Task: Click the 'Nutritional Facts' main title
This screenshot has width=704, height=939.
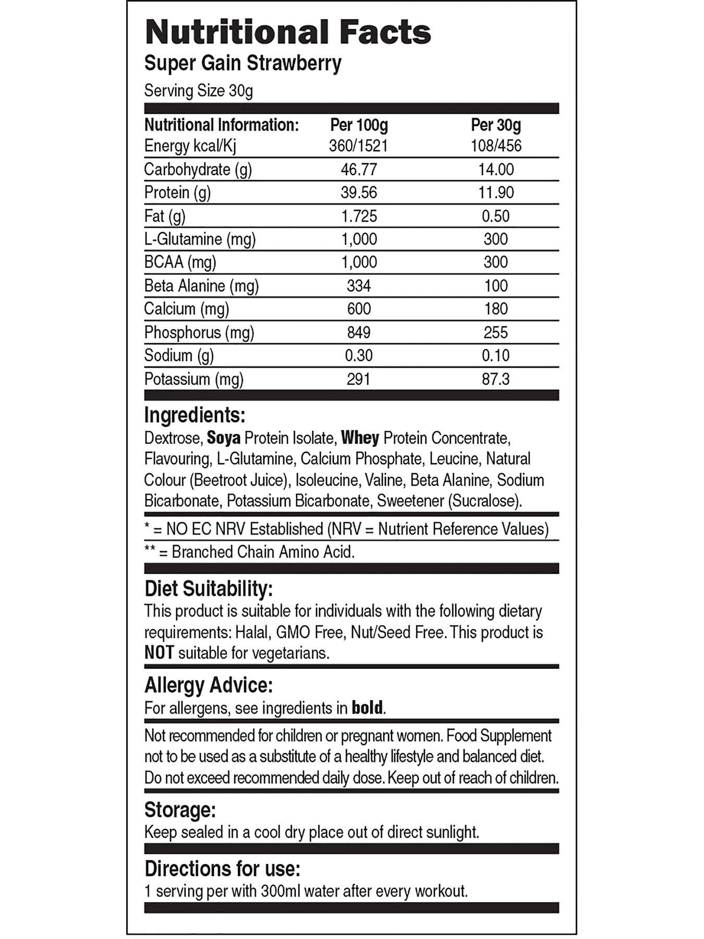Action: [288, 32]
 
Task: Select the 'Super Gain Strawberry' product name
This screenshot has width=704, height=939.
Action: [242, 64]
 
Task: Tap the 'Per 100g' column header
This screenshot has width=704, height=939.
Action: [359, 125]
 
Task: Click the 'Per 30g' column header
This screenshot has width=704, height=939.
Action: [495, 125]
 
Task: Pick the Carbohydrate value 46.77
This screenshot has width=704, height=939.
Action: [359, 170]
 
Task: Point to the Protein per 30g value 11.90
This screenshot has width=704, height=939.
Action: [496, 192]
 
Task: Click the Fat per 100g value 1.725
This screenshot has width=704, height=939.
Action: [359, 216]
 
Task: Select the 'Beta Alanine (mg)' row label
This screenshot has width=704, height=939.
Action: [201, 286]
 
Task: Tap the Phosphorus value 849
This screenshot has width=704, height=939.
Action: [359, 332]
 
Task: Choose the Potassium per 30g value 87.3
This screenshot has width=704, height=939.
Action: [496, 379]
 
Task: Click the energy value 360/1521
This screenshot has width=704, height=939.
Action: [359, 146]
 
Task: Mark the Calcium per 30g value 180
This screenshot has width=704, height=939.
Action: [496, 309]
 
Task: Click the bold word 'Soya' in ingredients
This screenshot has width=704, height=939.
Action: [224, 438]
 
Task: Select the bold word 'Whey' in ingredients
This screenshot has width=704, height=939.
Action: [360, 438]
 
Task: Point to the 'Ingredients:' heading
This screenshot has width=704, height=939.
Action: [195, 415]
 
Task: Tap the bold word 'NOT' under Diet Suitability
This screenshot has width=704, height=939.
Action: [159, 653]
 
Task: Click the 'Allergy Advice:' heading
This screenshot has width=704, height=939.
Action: [208, 685]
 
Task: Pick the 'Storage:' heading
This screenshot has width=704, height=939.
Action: [180, 810]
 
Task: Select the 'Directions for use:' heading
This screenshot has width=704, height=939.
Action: [223, 869]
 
